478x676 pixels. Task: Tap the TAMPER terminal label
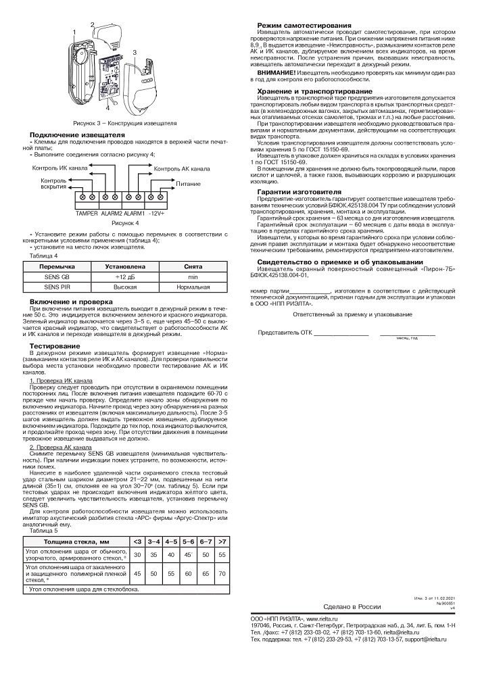87,214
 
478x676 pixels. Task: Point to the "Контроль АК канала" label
182,168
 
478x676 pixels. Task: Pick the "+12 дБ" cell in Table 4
125,278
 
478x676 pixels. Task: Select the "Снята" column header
193,267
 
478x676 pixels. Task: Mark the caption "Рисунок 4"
125,222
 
